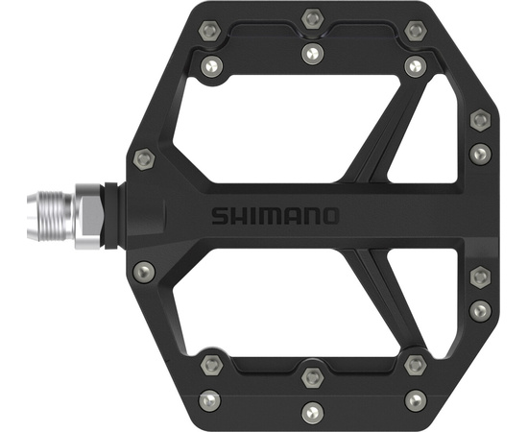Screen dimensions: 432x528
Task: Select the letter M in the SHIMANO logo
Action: point(269,214)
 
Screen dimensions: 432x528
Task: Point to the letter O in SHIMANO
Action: point(328,214)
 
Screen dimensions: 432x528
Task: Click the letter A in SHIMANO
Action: point(289,214)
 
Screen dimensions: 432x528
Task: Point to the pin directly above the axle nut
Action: point(144,156)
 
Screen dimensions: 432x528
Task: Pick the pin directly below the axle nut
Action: point(144,272)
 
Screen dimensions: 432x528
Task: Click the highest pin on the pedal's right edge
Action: point(480,120)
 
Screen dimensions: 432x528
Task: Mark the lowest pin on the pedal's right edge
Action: point(480,309)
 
